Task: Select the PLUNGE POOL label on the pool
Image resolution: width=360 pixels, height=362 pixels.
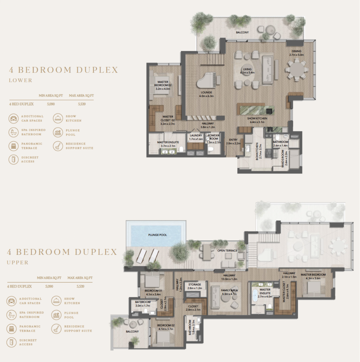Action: click(157, 235)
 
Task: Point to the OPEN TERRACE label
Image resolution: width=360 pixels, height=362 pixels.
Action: click(227, 251)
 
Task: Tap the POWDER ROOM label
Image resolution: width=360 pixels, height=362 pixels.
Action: click(214, 137)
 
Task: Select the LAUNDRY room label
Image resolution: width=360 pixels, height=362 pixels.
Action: click(196, 135)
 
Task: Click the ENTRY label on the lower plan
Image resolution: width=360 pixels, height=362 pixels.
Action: click(233, 140)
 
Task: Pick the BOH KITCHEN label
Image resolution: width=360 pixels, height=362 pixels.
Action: click(257, 151)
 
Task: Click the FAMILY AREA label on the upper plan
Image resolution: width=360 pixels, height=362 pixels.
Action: click(229, 290)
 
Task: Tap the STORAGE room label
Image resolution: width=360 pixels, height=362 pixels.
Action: click(194, 285)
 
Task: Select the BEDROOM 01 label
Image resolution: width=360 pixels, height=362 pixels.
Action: click(153, 291)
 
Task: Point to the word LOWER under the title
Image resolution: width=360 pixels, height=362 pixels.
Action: click(21, 80)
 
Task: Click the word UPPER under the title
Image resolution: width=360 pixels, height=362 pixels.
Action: click(18, 263)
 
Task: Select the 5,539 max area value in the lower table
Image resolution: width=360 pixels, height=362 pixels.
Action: click(82, 104)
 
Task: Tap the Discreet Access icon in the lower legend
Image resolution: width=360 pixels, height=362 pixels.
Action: click(13, 160)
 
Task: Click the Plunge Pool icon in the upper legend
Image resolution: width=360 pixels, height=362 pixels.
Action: click(56, 315)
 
